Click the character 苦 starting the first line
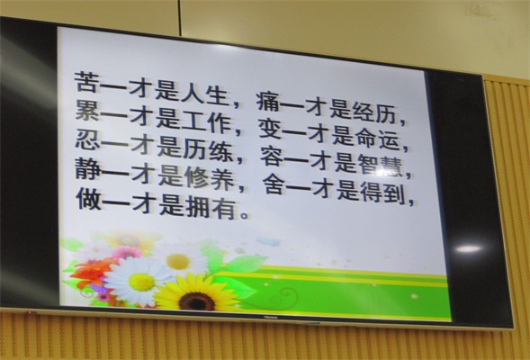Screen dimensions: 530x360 pos(86,82)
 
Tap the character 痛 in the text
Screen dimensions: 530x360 pos(269,101)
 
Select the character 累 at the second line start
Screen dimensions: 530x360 pos(87,110)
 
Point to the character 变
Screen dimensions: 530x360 pos(271,129)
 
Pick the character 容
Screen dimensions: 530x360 pos(273,157)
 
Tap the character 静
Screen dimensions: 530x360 pos(87,168)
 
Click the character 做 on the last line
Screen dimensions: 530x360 pos(88,198)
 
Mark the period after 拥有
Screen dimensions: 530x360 pos(244,214)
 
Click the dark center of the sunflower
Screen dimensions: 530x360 pos(197,301)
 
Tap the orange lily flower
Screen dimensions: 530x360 pos(91,272)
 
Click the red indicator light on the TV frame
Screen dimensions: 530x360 pos(30,312)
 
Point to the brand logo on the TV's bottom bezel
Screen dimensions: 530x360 pos(271,318)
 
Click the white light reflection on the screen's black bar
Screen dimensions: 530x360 pos(468,249)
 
